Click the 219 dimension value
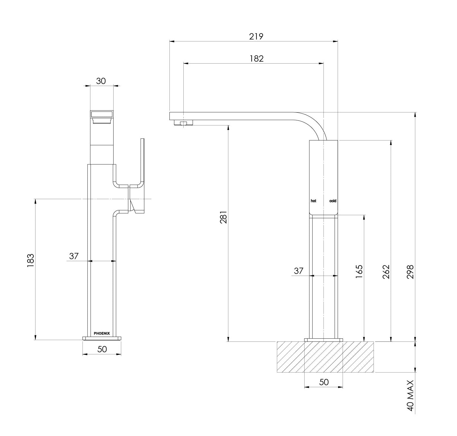(256, 36)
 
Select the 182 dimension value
(257, 58)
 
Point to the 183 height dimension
(30, 260)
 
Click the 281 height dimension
(223, 217)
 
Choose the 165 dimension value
(359, 271)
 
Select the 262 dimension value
(386, 272)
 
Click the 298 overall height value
(410, 272)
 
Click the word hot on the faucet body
(313, 201)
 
